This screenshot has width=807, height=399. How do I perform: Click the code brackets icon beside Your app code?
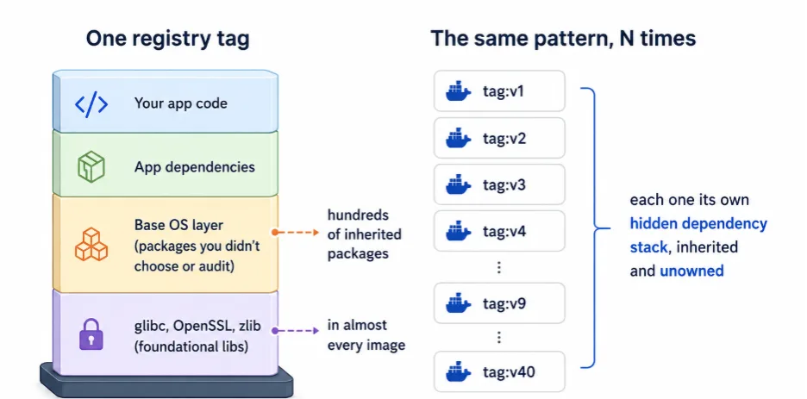(91, 104)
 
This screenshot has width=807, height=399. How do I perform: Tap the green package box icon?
(91, 167)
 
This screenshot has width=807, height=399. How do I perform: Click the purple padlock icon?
(91, 334)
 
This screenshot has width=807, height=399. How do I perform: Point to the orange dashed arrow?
(296, 233)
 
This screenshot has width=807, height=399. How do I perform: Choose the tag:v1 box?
(499, 91)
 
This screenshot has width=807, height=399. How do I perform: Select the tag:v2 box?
(499, 138)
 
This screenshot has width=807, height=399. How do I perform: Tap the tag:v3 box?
(499, 184)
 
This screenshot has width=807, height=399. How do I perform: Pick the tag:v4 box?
(499, 231)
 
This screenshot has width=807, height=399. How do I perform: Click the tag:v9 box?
(499, 302)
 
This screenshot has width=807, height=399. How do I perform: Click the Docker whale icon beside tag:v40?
(458, 371)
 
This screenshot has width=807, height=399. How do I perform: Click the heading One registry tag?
(167, 39)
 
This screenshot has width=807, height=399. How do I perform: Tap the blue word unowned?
(691, 271)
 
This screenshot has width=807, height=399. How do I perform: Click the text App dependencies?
(195, 167)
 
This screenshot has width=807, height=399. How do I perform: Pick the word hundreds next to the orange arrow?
(358, 215)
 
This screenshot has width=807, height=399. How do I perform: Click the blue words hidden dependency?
(698, 224)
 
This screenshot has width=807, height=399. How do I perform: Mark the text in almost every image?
(366, 335)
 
